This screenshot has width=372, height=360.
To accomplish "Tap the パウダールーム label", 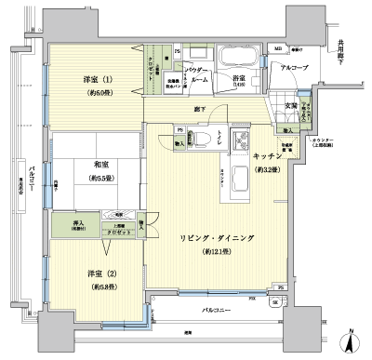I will point(195,75).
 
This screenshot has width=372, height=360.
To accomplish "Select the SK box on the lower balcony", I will point(275,302).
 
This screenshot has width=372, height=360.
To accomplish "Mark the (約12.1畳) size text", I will point(215,252).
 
